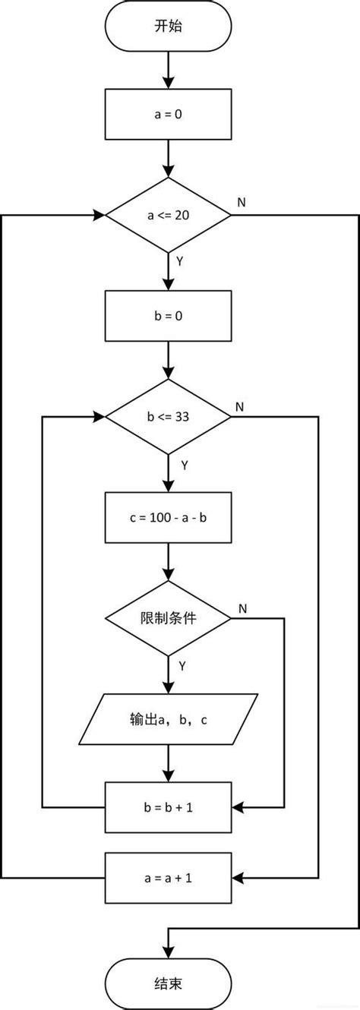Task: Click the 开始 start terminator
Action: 167,25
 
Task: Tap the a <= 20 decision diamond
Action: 167,215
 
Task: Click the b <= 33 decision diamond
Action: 167,417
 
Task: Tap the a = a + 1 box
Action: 167,878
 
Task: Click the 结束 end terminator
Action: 167,983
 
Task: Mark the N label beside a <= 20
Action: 241,202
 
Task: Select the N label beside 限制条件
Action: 242,608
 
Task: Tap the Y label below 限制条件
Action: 181,665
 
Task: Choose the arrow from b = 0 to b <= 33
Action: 167,360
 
